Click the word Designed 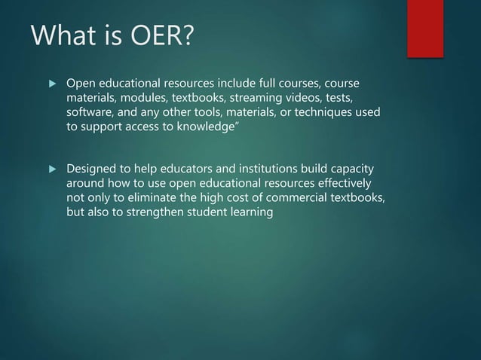93,168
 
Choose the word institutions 275,168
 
